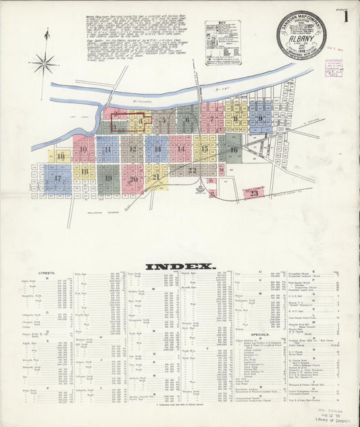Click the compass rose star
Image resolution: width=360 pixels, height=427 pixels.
tap(45, 64)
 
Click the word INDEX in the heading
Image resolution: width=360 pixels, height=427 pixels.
tap(180, 266)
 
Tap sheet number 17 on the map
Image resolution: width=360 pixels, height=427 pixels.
tap(58, 178)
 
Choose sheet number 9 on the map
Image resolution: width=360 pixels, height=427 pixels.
tap(259, 118)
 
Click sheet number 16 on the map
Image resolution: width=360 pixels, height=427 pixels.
tap(234, 149)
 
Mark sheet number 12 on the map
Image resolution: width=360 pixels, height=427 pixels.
tap(132, 149)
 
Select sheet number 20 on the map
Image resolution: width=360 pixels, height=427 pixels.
tap(134, 179)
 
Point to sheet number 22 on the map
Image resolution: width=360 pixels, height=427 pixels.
tap(192, 170)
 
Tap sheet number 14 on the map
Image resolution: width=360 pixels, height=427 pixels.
tap(180, 149)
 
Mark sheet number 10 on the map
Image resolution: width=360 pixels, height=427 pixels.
tap(84, 149)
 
